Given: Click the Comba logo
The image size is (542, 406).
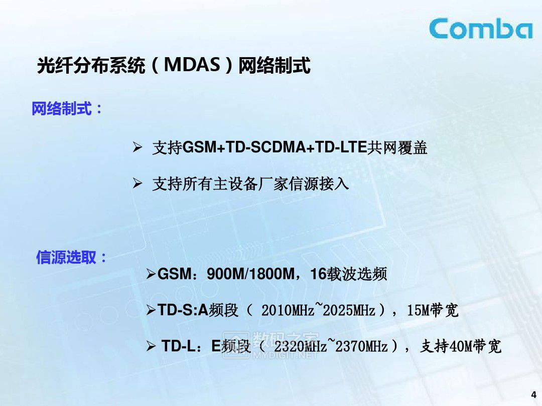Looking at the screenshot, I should click(480, 29).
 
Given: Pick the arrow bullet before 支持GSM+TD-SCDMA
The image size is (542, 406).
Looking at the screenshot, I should click(138, 148).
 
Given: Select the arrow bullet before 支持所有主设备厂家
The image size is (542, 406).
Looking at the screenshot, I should click(138, 184).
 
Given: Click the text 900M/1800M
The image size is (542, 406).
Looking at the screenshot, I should click(249, 274).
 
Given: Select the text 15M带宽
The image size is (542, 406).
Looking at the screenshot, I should click(433, 311).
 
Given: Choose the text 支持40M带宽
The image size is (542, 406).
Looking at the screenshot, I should click(461, 346).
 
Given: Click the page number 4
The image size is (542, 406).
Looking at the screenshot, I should click(533, 394).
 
